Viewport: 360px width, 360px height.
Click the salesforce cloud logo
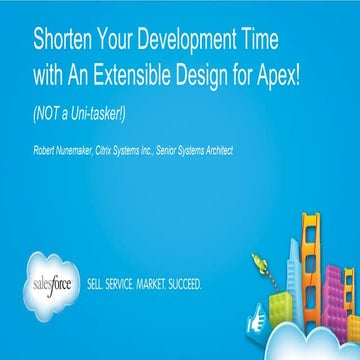(54, 282)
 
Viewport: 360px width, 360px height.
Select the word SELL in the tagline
(99, 284)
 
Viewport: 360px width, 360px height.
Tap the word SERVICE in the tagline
(128, 284)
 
